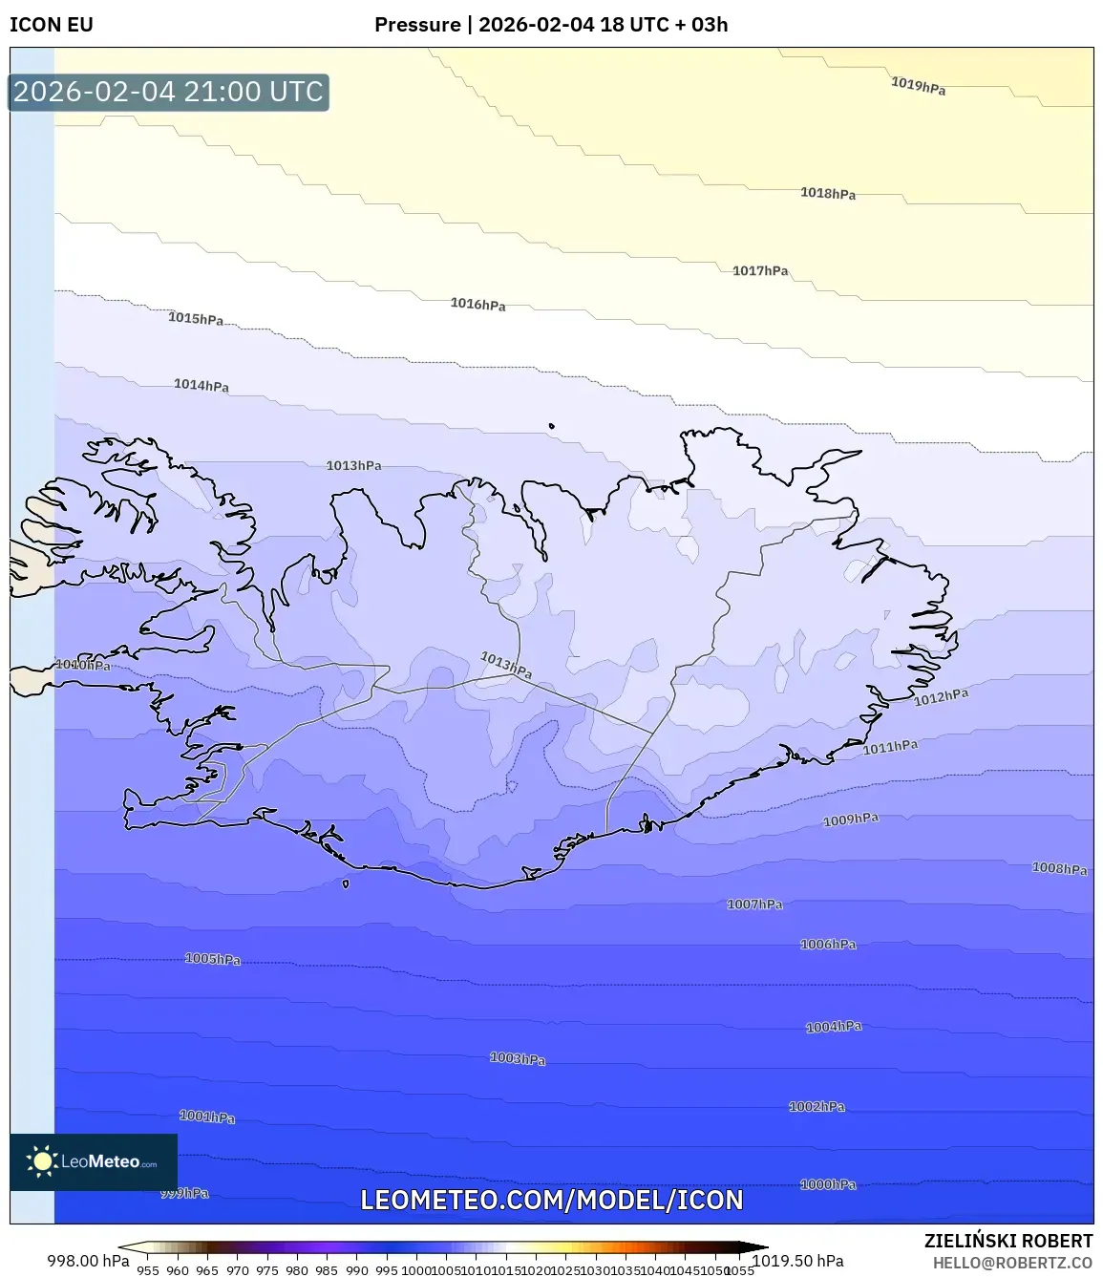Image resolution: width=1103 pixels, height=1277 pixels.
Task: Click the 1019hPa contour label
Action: (918, 85)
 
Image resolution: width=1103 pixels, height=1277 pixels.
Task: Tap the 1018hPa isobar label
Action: (828, 193)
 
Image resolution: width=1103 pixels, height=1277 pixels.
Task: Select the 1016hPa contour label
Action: (477, 304)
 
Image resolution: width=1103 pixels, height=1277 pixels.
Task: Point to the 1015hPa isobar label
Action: (196, 318)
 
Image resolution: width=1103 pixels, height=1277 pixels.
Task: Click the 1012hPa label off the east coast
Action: (941, 697)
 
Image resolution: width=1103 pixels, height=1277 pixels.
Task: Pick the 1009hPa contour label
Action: (850, 819)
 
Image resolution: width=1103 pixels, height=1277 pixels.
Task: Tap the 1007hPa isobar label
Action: (754, 904)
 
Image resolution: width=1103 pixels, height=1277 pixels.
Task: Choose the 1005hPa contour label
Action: (212, 958)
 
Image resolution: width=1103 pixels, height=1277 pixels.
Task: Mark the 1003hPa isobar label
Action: (518, 1058)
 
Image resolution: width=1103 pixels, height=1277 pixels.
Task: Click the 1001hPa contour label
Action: (207, 1116)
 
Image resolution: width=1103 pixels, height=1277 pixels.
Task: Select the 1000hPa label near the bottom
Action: (828, 1184)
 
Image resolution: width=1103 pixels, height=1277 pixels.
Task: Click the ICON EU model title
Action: (52, 25)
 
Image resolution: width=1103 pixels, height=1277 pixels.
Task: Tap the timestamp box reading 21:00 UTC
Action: (168, 92)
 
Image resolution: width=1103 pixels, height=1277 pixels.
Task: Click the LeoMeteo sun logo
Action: (41, 1161)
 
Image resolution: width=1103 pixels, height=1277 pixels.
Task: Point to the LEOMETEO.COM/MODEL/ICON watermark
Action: (551, 1201)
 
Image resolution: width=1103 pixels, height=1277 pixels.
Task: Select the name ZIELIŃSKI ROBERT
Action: (1008, 1241)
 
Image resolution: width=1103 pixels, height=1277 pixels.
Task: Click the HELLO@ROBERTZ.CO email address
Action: (1012, 1263)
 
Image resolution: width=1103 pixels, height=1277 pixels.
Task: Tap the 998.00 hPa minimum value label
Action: (88, 1261)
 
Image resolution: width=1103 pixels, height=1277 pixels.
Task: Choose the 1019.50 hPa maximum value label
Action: (798, 1261)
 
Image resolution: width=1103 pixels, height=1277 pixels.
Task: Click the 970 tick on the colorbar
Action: (238, 1270)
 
